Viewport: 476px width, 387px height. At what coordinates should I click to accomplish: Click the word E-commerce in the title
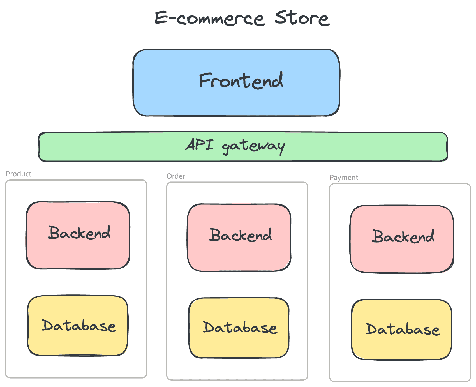[x=209, y=19]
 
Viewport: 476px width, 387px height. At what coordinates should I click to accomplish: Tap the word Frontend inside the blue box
[x=241, y=80]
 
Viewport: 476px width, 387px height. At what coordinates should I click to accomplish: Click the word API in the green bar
[x=199, y=145]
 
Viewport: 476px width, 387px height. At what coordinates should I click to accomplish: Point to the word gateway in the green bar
[x=254, y=146]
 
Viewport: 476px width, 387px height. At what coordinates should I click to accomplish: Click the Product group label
[x=19, y=174]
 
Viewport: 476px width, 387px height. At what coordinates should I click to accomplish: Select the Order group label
[x=176, y=176]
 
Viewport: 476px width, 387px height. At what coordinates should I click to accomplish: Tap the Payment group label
[x=344, y=178]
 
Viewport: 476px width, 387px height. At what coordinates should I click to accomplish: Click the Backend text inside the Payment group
[x=403, y=236]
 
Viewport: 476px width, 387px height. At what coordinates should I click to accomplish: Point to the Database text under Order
[x=240, y=328]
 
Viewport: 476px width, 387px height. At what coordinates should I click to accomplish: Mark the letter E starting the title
[x=161, y=18]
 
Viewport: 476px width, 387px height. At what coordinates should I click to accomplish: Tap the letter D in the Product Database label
[x=48, y=325]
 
